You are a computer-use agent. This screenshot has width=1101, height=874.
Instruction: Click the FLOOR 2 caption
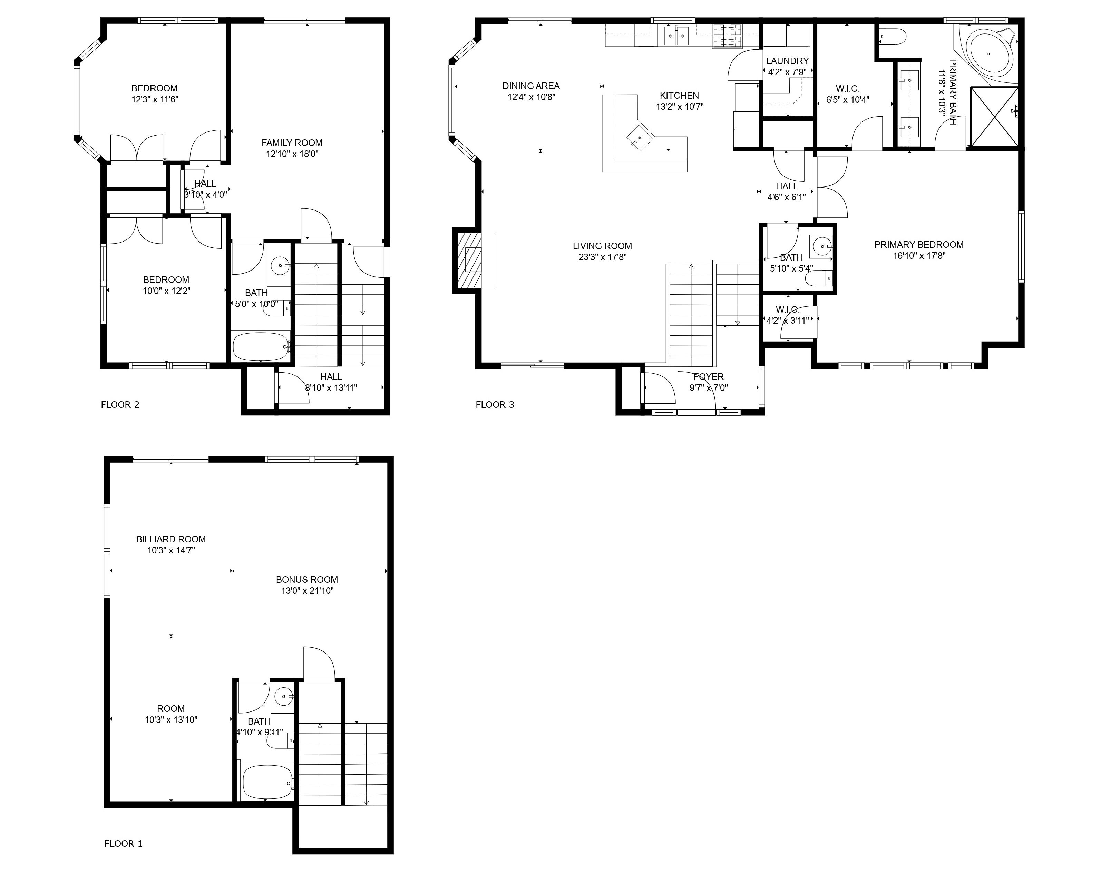pos(120,405)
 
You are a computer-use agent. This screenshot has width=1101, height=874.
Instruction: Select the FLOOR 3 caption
pos(495,405)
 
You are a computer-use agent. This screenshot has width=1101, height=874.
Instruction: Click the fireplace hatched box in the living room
pos(469,261)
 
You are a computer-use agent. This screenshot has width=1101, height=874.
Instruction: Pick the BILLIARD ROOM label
pos(171,539)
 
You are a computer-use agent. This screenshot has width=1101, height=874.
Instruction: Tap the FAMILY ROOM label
pos(292,143)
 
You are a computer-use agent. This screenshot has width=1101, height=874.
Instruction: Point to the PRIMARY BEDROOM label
pos(919,245)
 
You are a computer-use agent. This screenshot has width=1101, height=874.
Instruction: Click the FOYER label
pos(709,377)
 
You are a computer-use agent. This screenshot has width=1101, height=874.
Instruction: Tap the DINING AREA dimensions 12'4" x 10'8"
pos(531,97)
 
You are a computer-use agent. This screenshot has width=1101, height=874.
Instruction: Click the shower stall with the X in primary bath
pos(994,117)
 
